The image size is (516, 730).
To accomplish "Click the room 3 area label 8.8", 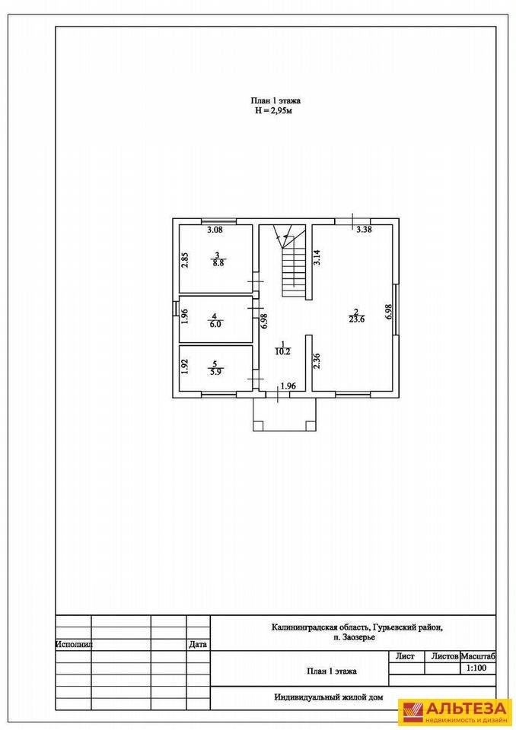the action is (217, 263).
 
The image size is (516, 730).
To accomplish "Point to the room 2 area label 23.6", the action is (357, 319).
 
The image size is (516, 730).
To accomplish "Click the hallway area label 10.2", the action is (282, 352).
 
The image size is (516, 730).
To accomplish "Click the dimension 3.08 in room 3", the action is (215, 230).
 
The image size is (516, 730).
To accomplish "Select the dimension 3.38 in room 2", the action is (364, 229).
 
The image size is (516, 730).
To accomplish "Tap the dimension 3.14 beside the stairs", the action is (317, 258).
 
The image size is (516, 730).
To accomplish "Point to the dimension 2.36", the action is (316, 361).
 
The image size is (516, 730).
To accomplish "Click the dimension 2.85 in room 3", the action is (185, 260).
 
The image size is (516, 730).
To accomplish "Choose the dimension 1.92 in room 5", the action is (185, 366).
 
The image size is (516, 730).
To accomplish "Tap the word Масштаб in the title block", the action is (478, 656).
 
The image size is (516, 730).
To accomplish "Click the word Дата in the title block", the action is (198, 645).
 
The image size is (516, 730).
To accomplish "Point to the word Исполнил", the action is (74, 645).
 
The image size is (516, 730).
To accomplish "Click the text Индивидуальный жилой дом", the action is (328, 697).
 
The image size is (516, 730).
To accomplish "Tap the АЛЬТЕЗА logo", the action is (454, 713).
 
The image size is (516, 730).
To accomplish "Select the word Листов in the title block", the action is (444, 656).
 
